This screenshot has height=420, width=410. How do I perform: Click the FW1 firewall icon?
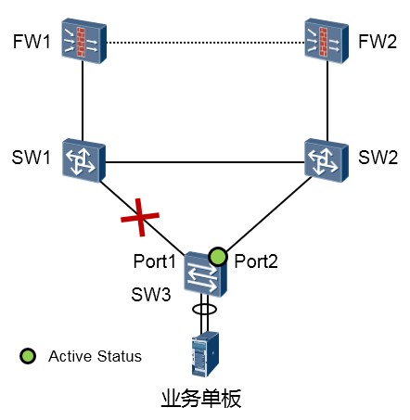83,41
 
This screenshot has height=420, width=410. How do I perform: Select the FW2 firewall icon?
327,41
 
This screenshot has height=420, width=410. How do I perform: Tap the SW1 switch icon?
83,160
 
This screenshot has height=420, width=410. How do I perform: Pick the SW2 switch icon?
327,160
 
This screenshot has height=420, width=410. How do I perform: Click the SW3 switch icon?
205,274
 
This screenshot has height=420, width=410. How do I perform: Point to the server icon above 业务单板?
205,354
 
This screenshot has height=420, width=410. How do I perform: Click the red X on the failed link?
140,217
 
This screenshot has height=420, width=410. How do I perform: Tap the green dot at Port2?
218,256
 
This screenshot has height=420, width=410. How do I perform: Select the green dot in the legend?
28,356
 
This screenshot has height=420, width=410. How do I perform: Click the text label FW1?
32,42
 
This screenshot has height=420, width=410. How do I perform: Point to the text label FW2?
378,42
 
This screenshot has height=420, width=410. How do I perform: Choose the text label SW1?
31,158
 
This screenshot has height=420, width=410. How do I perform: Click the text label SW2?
378,158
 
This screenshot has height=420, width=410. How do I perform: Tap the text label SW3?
151,294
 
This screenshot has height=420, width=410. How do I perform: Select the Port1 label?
154,261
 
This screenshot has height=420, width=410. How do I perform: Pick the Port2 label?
256,261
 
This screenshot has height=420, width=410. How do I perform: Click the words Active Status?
95,356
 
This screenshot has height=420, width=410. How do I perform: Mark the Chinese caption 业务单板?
201,399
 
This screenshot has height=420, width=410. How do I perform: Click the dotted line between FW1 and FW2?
206,43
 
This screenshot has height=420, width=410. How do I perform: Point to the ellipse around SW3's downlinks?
204,309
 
